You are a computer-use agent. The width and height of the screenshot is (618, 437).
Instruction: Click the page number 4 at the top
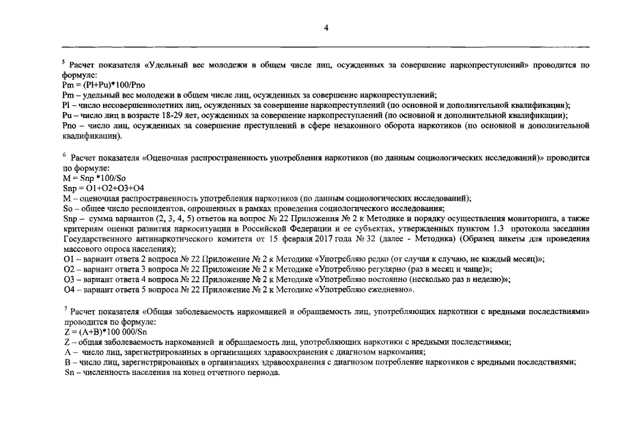(x=327, y=28)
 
